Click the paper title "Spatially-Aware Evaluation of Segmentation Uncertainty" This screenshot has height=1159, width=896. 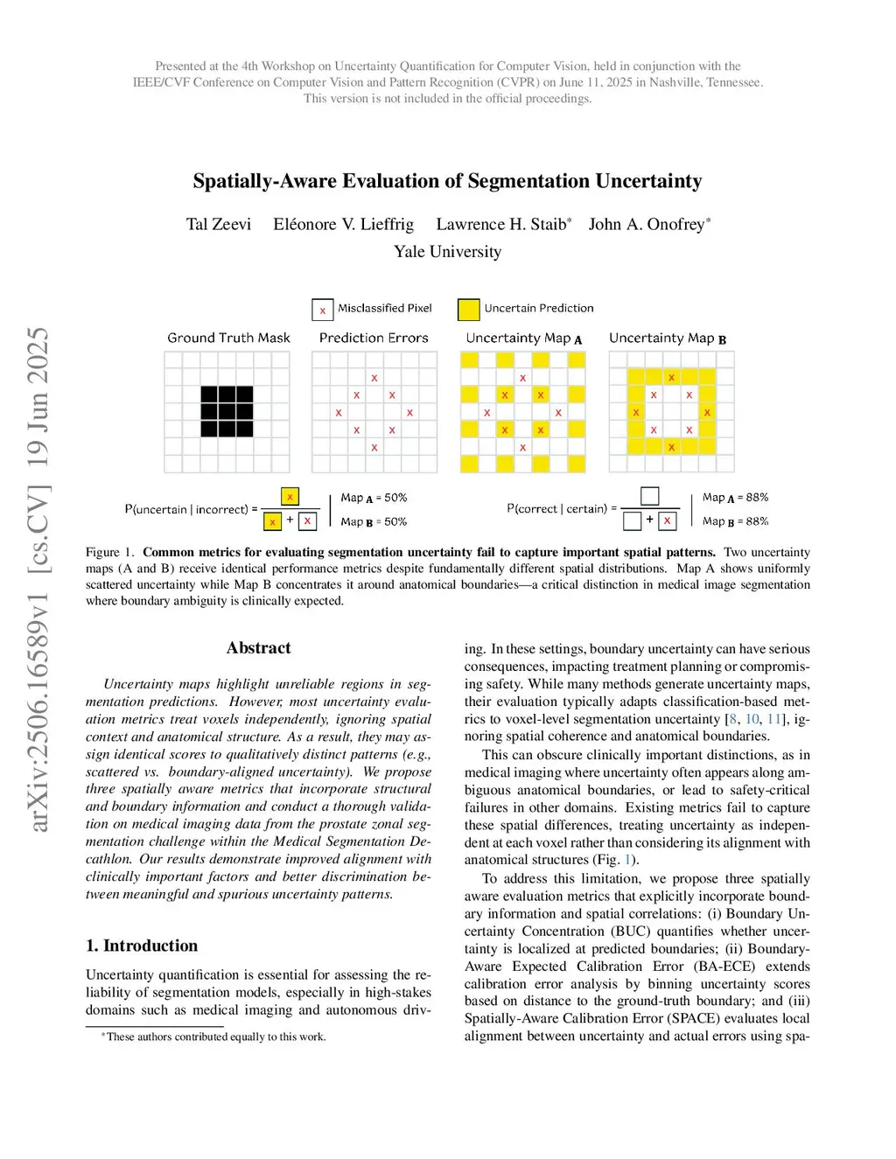[447, 181]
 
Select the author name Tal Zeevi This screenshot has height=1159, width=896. [218, 225]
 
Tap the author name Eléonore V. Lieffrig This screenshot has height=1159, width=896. [343, 225]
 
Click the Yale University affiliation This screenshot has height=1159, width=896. [447, 252]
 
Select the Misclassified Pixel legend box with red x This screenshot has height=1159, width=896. [322, 310]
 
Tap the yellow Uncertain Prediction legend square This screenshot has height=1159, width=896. [469, 310]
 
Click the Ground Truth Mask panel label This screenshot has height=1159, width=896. [228, 338]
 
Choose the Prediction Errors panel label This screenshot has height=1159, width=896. [374, 338]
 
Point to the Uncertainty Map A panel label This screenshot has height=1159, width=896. [523, 339]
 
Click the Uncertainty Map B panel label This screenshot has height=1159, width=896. [668, 339]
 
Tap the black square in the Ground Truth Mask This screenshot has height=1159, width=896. [227, 411]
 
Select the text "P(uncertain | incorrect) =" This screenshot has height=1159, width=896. [191, 509]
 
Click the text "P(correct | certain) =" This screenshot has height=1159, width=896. [562, 508]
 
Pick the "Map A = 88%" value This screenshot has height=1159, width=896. [735, 498]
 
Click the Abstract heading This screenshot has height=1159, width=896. [258, 648]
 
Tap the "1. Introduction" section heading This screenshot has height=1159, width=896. [142, 946]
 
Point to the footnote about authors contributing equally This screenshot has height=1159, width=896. [214, 1037]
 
